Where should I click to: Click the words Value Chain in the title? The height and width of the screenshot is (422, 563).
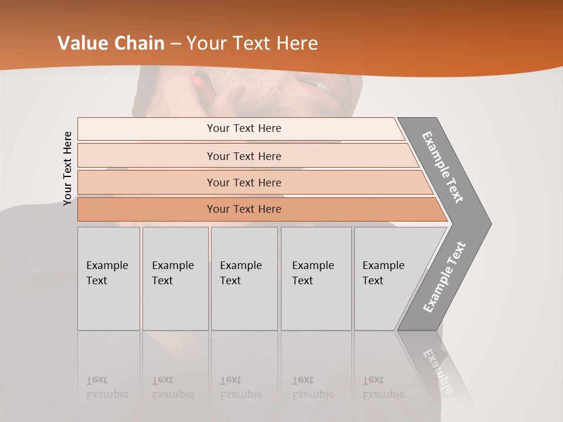[111, 43]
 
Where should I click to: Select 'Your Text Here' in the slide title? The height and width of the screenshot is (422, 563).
[252, 43]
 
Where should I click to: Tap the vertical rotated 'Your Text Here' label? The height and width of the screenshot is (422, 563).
[67, 168]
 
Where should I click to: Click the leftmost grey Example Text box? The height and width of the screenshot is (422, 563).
[108, 278]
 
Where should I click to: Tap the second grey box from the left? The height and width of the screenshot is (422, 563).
[175, 278]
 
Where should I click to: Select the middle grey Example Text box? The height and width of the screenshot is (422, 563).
[244, 278]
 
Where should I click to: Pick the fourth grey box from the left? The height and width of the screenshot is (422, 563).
[316, 278]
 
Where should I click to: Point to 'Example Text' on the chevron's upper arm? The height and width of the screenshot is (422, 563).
[443, 167]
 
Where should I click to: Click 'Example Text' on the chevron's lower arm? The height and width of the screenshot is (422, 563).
[444, 277]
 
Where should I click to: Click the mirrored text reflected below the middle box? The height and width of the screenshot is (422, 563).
[240, 387]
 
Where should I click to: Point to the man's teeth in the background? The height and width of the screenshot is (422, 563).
[320, 86]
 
